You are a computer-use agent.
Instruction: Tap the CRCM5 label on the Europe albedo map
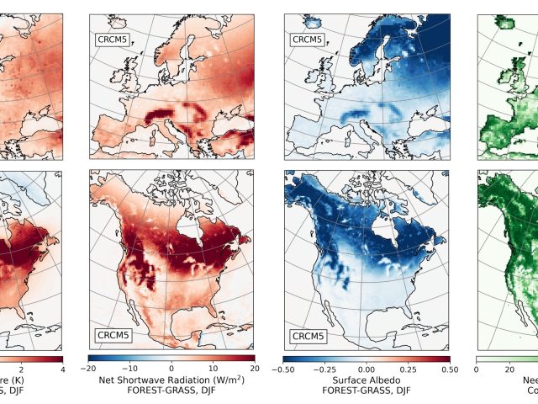coord(308,39)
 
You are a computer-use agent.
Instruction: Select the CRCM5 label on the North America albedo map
coord(308,336)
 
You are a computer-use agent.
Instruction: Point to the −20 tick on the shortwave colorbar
coord(90,369)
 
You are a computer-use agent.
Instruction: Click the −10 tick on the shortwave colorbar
coord(130,369)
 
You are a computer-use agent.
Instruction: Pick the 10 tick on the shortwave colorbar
coord(214,369)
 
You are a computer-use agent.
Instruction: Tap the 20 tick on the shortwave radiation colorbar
coord(254,369)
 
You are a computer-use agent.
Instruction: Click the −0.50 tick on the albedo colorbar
coord(284,369)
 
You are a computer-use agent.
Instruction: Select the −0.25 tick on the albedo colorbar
coord(325,369)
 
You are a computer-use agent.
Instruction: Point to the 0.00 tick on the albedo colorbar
coord(367,369)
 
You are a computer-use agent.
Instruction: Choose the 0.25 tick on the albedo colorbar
coord(408,369)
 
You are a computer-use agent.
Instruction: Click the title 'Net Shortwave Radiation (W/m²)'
coord(171,381)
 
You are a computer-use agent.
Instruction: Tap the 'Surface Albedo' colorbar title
coord(367,381)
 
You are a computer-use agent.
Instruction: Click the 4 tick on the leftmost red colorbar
coord(61,369)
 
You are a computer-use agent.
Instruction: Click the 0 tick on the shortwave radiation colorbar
coord(171,369)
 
